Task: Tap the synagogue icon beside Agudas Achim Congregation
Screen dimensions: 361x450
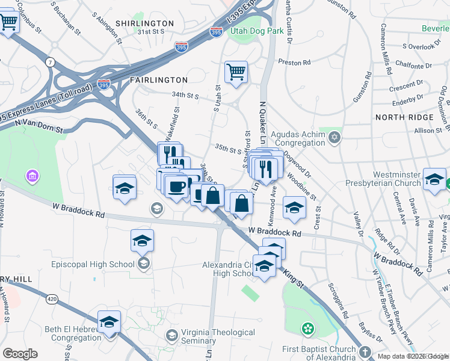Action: [x=334, y=139]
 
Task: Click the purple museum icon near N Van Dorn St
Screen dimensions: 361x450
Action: [x=31, y=176]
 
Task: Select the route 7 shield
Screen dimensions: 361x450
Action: [x=50, y=63]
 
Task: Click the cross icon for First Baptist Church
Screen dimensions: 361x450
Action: [x=365, y=352]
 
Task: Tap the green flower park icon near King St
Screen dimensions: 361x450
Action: [x=308, y=329]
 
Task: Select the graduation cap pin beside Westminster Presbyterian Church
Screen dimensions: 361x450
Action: [x=434, y=179]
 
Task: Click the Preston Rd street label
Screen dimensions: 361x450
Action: [x=294, y=62]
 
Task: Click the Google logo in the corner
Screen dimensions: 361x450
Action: [x=20, y=354]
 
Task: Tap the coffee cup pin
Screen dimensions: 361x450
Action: [x=176, y=186]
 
